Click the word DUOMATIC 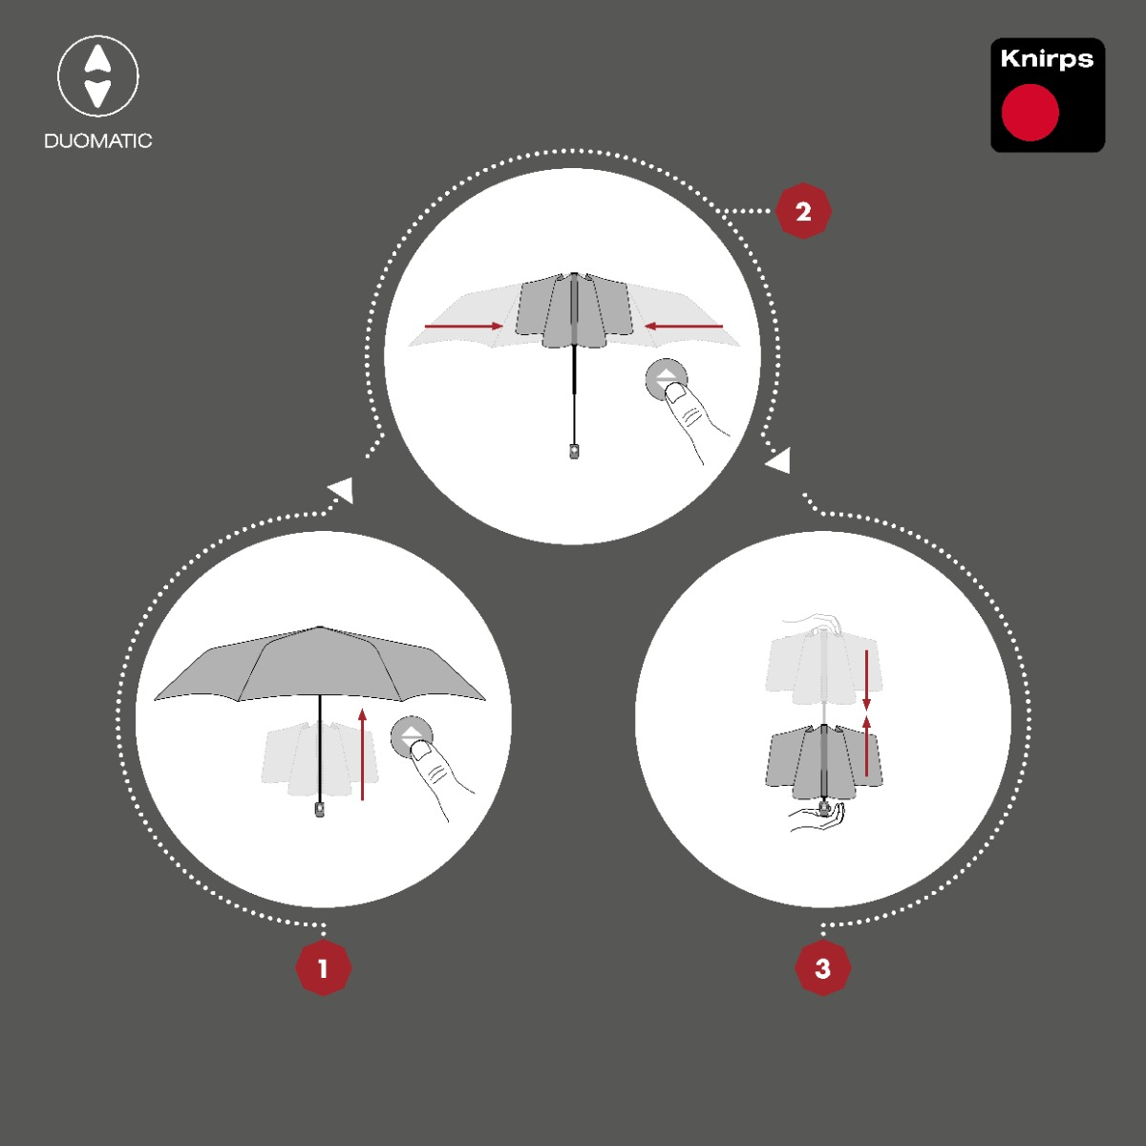coord(98,141)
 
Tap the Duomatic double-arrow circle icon coord(98,76)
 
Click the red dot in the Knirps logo coord(1030,113)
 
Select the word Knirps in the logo coord(1047,59)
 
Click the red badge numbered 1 coord(324,967)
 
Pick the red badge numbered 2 coord(803,211)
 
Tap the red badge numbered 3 coord(823,967)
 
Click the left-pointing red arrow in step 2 coord(684,326)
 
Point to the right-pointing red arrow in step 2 coord(464,326)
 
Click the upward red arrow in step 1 coord(362,754)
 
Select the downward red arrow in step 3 coord(866,680)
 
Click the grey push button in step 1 coord(412,737)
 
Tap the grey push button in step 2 coord(667,379)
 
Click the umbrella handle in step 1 coord(320,810)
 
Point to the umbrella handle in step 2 coord(574,451)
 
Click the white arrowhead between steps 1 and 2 coord(342,490)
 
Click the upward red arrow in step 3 coord(866,746)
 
